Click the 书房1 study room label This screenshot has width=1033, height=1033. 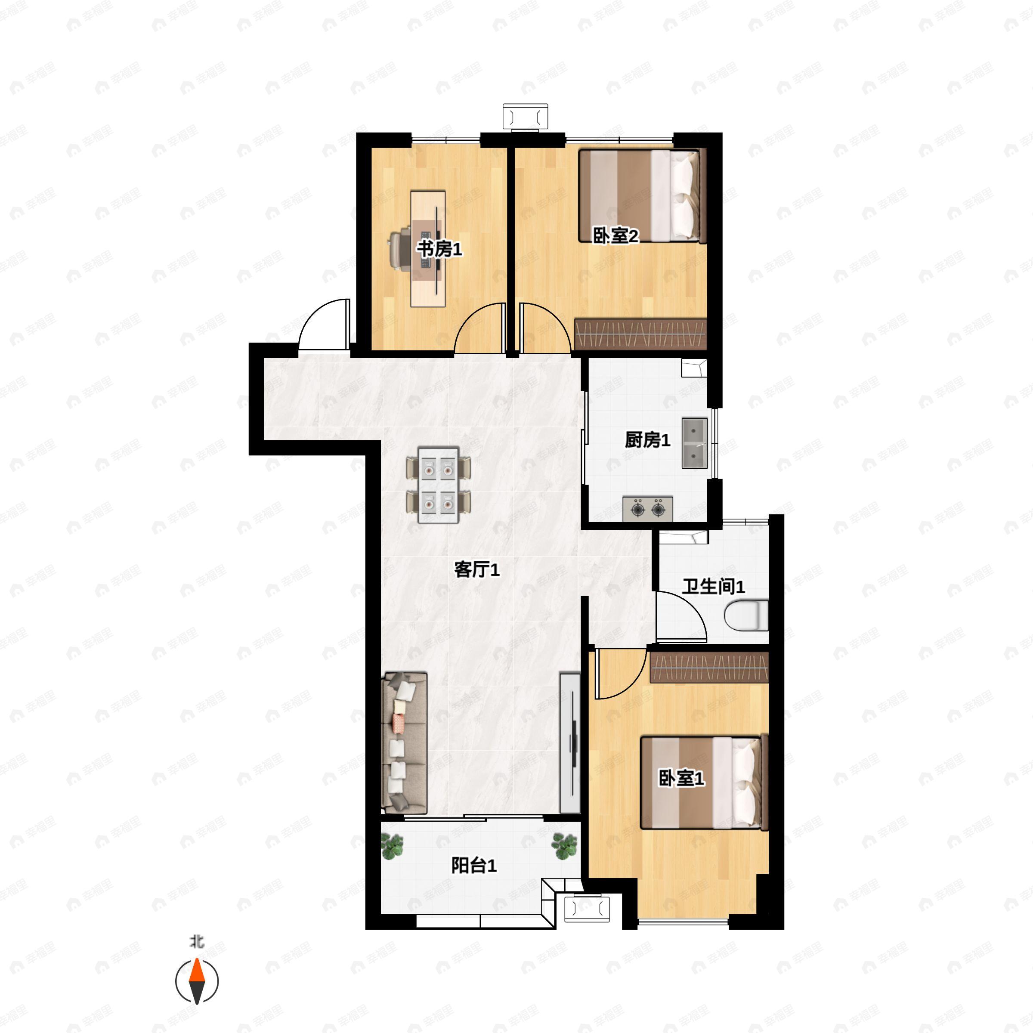[439, 249]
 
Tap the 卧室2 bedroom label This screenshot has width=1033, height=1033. [616, 235]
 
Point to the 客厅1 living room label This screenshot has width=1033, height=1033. [477, 569]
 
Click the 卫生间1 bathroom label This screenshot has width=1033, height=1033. [713, 587]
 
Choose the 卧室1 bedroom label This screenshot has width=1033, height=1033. [681, 778]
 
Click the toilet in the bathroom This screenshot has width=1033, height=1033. [746, 615]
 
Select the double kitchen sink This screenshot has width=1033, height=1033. [695, 444]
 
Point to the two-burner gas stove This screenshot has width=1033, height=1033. [647, 509]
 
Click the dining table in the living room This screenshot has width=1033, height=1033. [439, 485]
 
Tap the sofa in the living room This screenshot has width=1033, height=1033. [404, 743]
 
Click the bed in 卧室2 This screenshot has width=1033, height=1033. [643, 196]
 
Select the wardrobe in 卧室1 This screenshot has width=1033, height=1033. [709, 667]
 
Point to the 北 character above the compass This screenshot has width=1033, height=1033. [197, 942]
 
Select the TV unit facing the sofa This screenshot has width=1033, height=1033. [570, 743]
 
